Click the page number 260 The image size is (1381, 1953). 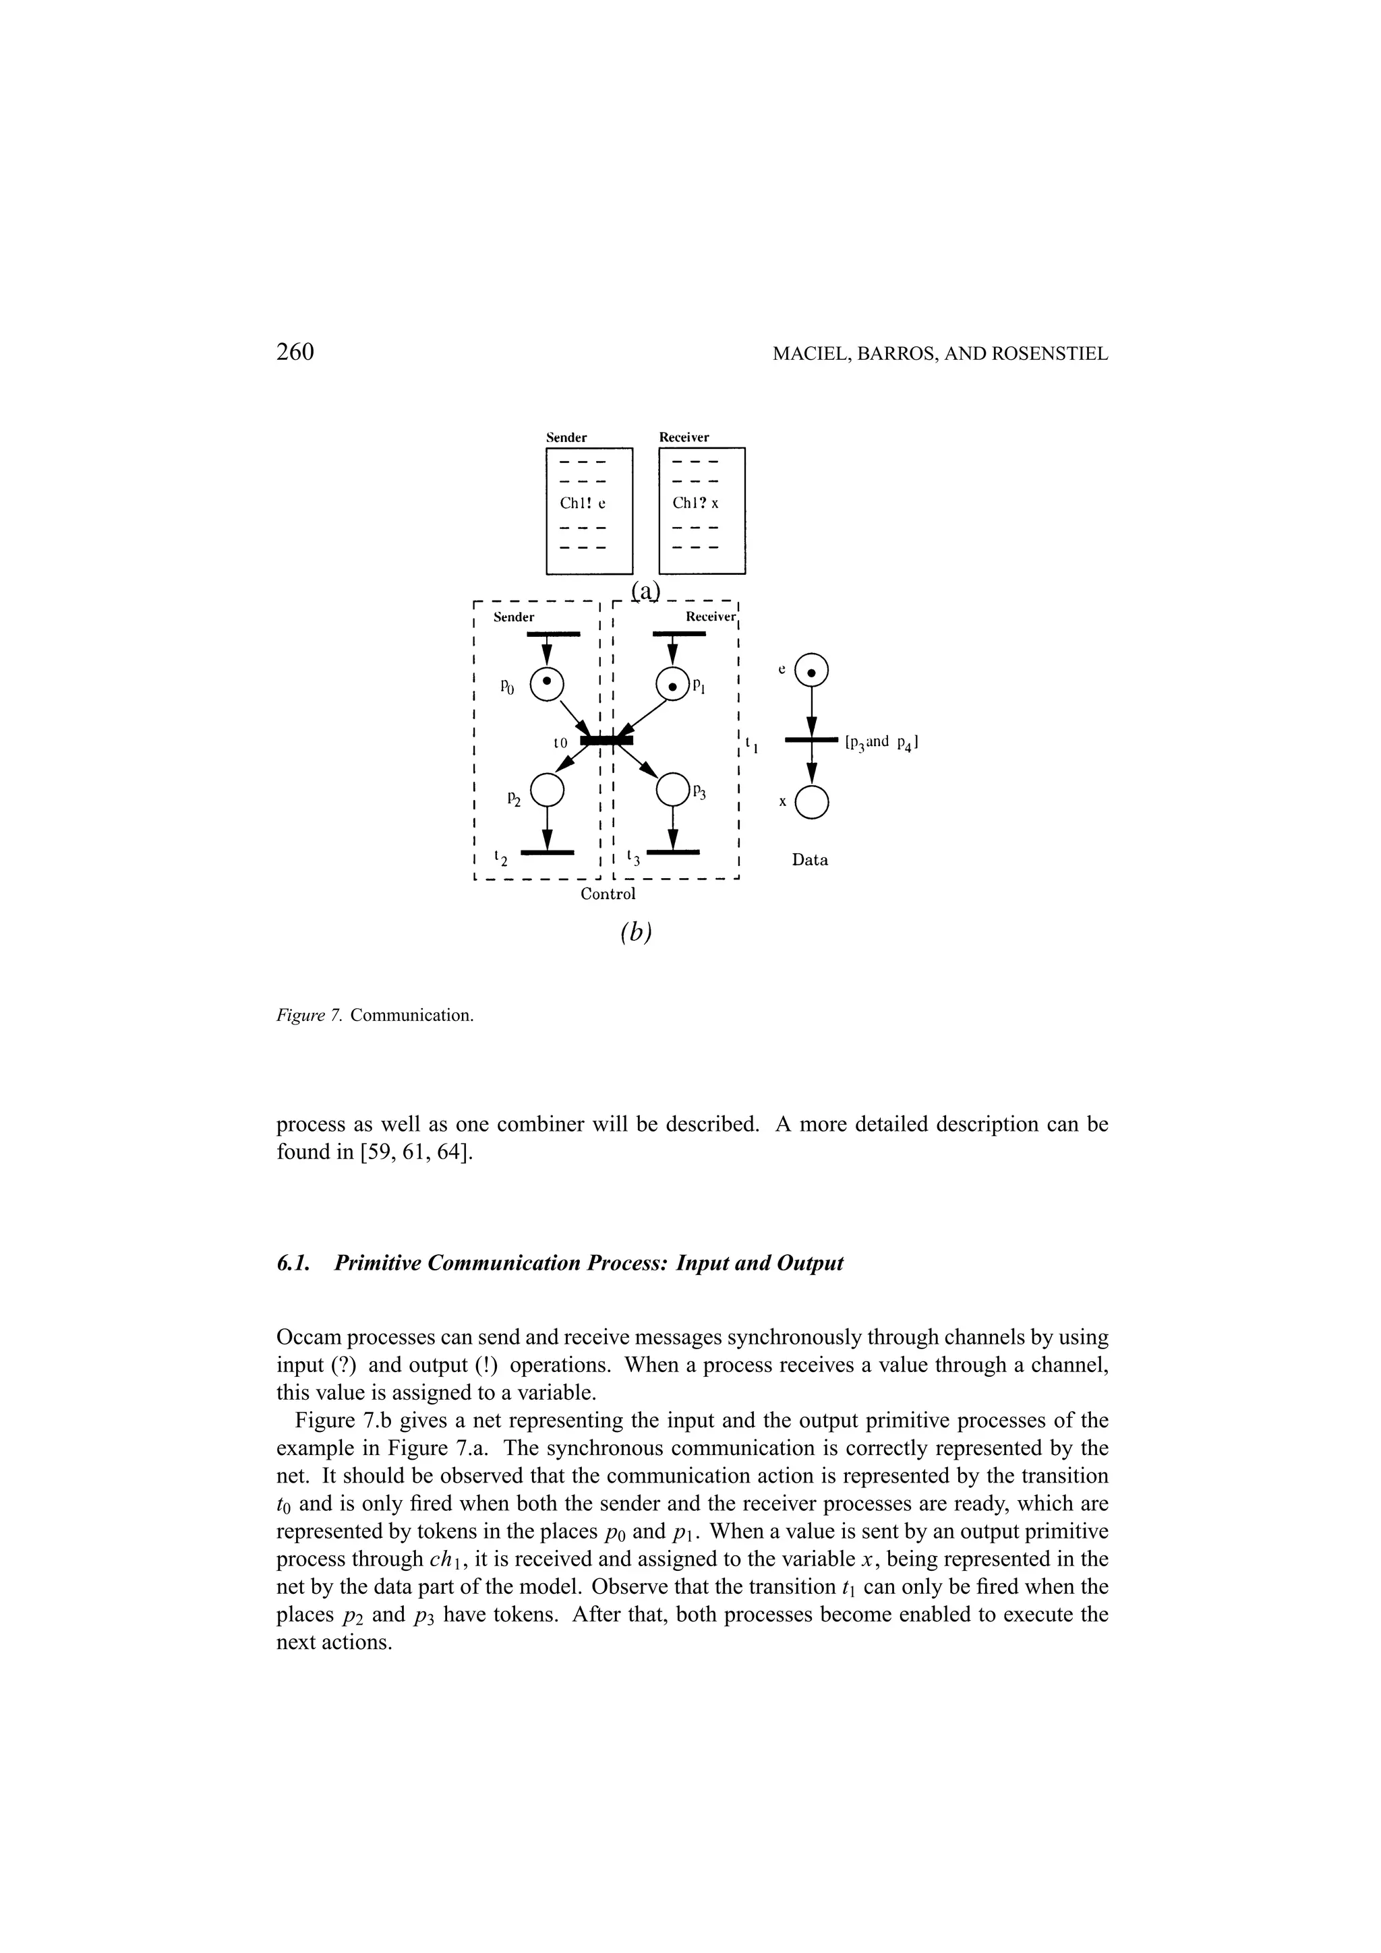click(x=295, y=352)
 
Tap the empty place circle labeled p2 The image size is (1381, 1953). click(x=547, y=789)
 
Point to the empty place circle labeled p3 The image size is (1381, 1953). click(x=674, y=789)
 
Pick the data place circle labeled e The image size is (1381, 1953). click(x=811, y=672)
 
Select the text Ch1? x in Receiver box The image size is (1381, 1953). click(x=695, y=503)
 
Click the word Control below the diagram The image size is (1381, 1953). click(x=608, y=894)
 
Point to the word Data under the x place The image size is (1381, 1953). click(x=810, y=860)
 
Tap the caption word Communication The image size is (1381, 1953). click(x=411, y=1016)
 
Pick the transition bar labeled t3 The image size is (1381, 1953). click(x=673, y=851)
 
